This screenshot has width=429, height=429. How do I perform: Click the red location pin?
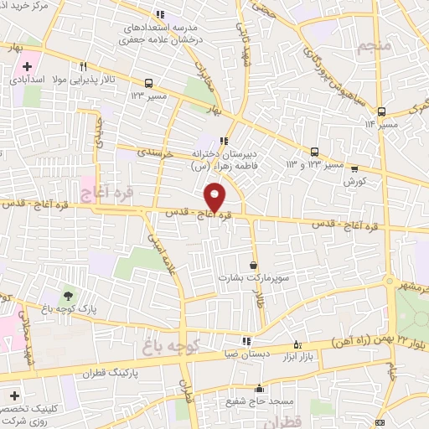pyautogui.click(x=216, y=196)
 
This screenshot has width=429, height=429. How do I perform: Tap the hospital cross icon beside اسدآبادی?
pyautogui.click(x=27, y=66)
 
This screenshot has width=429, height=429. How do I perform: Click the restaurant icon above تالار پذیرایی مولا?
pyautogui.click(x=82, y=66)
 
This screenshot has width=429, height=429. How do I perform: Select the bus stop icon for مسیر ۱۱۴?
pyautogui.click(x=381, y=111)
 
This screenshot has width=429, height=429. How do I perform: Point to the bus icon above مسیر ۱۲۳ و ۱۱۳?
pyautogui.click(x=314, y=152)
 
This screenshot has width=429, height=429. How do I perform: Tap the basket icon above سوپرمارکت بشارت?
pyautogui.click(x=252, y=265)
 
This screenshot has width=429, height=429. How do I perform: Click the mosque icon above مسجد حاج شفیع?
pyautogui.click(x=259, y=389)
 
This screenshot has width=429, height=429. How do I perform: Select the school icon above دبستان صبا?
pyautogui.click(x=246, y=341)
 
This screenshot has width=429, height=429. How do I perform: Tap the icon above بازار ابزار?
pyautogui.click(x=297, y=344)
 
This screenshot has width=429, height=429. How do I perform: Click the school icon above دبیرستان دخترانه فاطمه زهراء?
pyautogui.click(x=223, y=141)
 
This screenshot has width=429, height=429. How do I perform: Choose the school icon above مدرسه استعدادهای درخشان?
pyautogui.click(x=160, y=14)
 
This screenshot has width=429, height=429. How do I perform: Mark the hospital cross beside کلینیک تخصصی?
pyautogui.click(x=14, y=394)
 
